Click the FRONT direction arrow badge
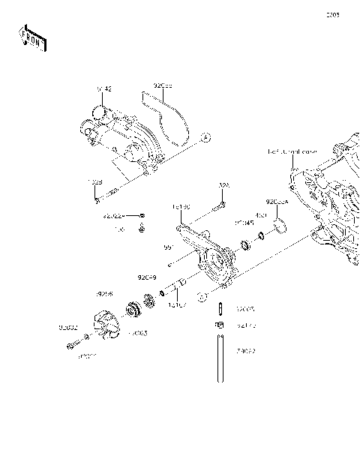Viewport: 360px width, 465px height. [31, 40]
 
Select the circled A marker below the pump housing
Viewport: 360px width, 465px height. [202, 297]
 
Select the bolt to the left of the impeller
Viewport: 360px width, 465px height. [73, 345]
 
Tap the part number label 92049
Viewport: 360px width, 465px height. [146, 277]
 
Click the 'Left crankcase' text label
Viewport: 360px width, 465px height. [292, 151]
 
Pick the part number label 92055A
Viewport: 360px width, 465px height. [276, 202]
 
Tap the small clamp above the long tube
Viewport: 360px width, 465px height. [220, 325]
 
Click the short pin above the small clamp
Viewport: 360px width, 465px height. [220, 308]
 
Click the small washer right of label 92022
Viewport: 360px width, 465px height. [143, 216]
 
